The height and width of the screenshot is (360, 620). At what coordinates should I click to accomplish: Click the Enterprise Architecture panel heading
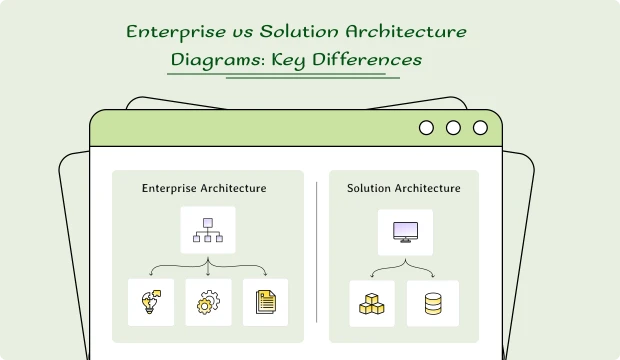tap(204, 188)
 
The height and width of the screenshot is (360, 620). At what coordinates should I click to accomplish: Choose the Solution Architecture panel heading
tap(404, 188)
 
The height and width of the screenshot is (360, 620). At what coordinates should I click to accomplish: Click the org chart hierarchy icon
tap(208, 230)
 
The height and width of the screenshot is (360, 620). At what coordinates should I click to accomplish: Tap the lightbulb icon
tap(151, 302)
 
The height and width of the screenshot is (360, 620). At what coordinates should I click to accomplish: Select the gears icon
tap(208, 302)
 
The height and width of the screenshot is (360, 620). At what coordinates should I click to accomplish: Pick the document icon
tap(265, 302)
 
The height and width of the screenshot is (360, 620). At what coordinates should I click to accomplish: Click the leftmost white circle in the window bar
tap(426, 128)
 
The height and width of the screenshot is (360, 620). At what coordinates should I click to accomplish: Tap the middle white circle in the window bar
tap(453, 128)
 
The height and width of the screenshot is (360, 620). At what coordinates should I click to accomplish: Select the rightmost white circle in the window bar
tap(480, 128)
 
